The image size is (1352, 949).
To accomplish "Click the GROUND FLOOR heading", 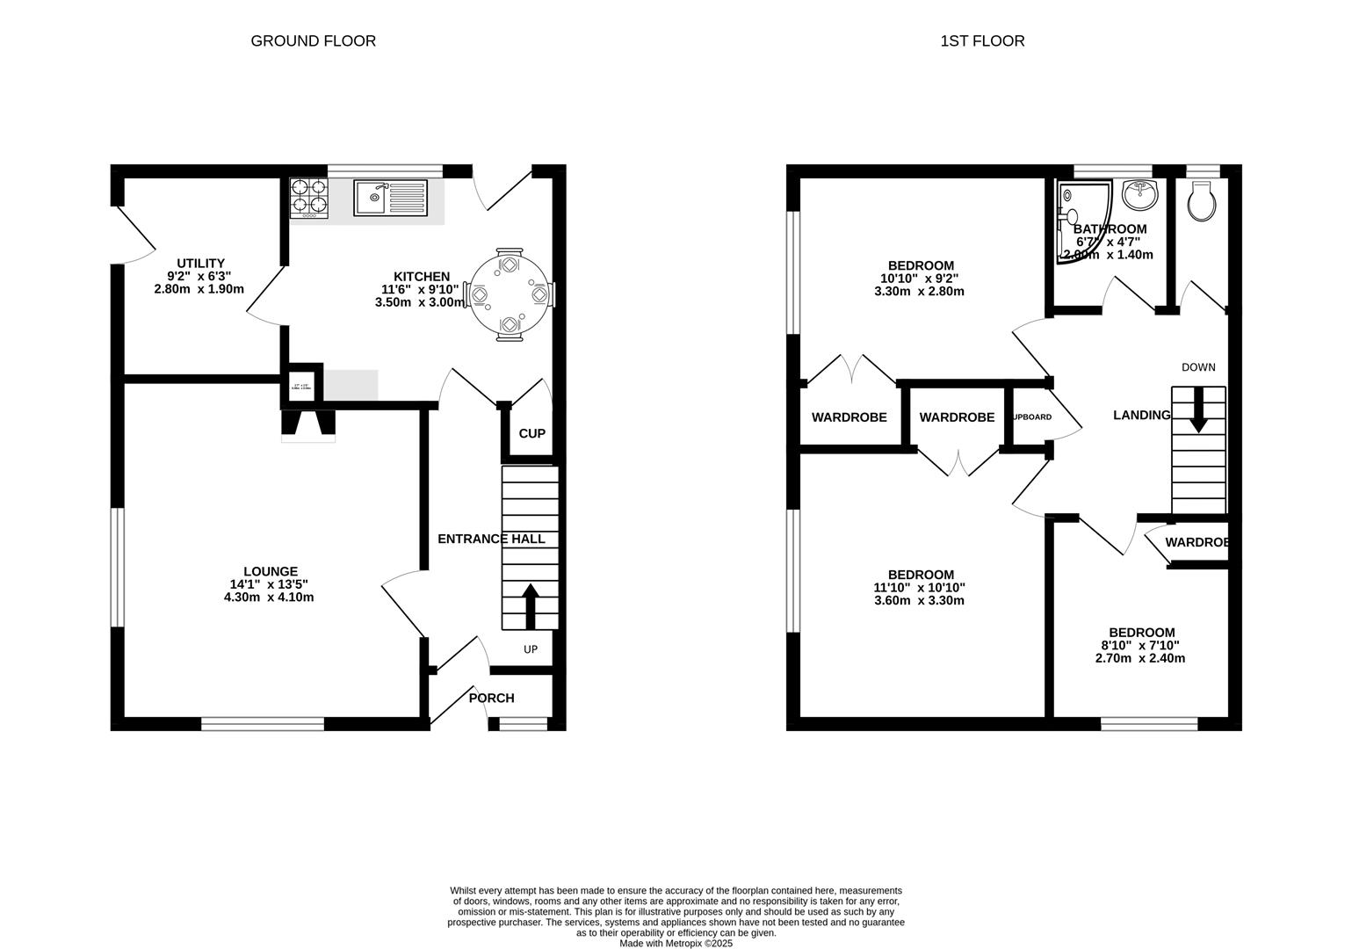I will click(313, 41).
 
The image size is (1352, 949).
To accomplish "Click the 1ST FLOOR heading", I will click(982, 41).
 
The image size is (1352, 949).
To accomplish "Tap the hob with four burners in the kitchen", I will click(308, 198).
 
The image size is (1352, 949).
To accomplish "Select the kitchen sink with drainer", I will click(391, 198).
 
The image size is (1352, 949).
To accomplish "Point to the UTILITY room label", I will click(200, 263).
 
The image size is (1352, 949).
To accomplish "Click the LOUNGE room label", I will click(271, 571).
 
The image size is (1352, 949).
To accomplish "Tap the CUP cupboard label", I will click(531, 433).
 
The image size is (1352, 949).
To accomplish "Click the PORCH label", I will click(491, 698).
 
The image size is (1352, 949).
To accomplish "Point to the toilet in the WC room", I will click(1201, 202).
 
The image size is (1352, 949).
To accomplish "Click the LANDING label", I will click(1141, 416).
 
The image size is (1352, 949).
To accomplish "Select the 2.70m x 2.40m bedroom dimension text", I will click(1140, 657).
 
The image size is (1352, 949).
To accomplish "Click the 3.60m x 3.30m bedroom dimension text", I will click(919, 601).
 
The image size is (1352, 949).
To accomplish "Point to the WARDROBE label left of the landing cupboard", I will click(957, 417).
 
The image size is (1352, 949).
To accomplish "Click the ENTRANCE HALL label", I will click(491, 539).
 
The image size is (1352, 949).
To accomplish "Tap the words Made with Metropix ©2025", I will click(675, 943).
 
